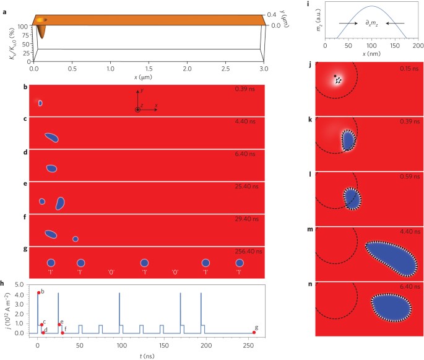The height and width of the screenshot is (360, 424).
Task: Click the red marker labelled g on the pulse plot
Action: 254,333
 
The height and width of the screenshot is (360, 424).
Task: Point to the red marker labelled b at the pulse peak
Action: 38,292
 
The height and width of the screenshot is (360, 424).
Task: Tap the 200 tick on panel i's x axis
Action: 418,46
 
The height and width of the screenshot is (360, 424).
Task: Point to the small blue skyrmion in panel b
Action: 40,103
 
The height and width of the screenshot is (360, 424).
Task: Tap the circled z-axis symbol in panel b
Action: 137,110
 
